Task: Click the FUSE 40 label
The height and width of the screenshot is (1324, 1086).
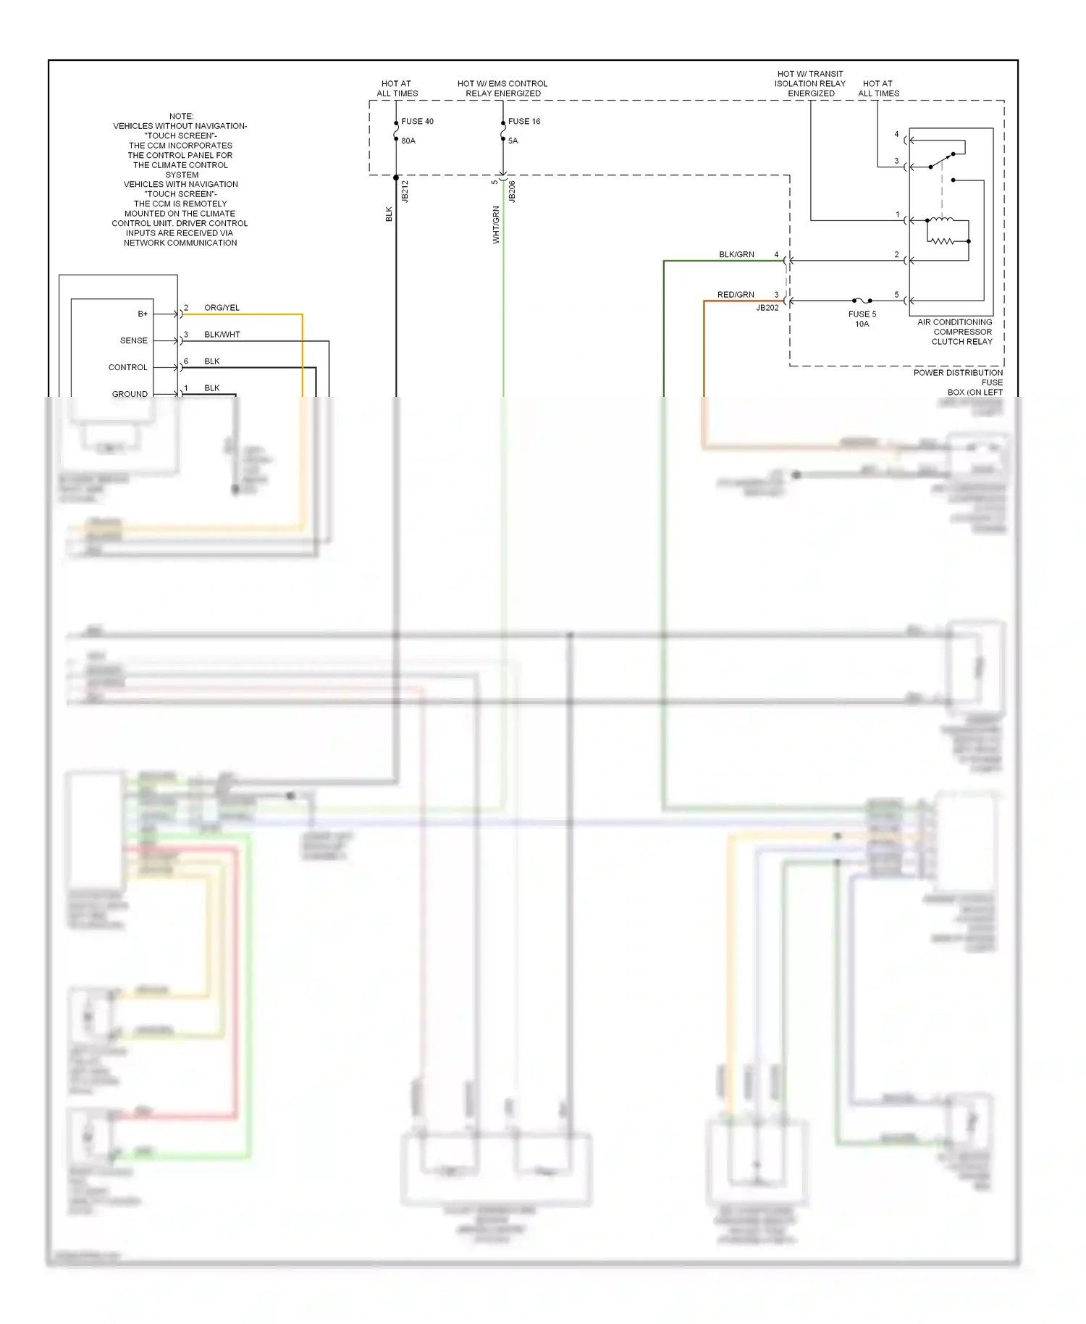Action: click(x=417, y=122)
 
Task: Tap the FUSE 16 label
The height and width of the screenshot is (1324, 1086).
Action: click(x=524, y=122)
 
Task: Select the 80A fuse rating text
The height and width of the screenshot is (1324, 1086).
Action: click(x=408, y=141)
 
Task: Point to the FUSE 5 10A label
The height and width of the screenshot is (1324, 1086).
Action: click(x=862, y=319)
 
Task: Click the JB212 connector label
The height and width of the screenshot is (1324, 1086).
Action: click(x=405, y=191)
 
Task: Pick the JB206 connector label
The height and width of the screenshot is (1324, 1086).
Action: click(x=513, y=191)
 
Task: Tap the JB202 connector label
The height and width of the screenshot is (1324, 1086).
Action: click(x=767, y=308)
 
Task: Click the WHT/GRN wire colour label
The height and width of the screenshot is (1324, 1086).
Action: click(x=496, y=225)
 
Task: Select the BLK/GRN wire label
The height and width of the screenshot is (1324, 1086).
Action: click(x=736, y=255)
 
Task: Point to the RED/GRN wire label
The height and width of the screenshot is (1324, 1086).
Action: click(x=736, y=295)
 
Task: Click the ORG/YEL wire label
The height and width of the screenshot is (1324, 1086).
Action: click(x=222, y=308)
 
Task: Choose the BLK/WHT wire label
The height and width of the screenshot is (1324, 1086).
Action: click(x=222, y=335)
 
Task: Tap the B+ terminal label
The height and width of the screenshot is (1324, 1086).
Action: click(x=143, y=314)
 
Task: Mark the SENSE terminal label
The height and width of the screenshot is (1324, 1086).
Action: click(x=134, y=340)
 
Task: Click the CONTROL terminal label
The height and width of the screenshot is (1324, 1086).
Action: click(x=128, y=367)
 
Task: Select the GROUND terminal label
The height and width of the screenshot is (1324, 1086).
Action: click(x=130, y=394)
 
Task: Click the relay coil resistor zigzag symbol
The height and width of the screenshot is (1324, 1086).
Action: click(x=941, y=240)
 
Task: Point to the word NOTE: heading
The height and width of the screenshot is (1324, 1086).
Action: click(x=182, y=116)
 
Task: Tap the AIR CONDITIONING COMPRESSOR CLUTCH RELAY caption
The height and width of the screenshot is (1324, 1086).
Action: click(x=955, y=332)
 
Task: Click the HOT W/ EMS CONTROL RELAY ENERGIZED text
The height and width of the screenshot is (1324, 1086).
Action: click(x=502, y=88)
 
